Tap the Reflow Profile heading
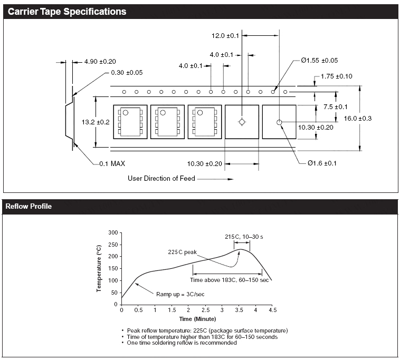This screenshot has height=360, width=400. (x=28, y=206)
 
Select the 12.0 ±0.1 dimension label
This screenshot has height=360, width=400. (x=225, y=36)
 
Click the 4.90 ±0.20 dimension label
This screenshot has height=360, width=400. (x=100, y=62)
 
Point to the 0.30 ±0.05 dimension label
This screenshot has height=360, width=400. (x=127, y=72)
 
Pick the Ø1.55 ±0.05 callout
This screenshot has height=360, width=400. (x=320, y=61)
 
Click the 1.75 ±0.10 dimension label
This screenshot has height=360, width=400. (x=337, y=76)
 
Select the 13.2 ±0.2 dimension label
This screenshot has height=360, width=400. (x=96, y=122)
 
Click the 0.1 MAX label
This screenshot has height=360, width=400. (x=112, y=163)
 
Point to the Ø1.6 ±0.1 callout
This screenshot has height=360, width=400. (x=322, y=163)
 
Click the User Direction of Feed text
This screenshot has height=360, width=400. (x=161, y=178)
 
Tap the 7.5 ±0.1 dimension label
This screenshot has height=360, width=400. (x=336, y=106)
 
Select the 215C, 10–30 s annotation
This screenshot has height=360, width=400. (x=244, y=237)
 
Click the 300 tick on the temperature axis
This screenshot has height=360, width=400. (x=112, y=232)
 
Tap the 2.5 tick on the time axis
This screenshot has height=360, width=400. (x=205, y=310)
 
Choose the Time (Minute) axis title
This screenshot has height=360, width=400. (x=197, y=319)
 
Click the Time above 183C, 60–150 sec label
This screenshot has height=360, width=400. (x=230, y=279)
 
